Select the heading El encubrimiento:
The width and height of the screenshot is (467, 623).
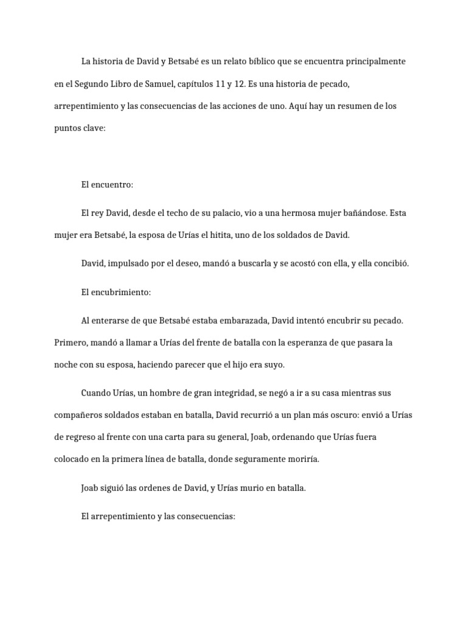click(x=116, y=292)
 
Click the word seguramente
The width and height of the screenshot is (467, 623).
click(x=258, y=459)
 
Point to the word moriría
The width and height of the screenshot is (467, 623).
click(x=301, y=459)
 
